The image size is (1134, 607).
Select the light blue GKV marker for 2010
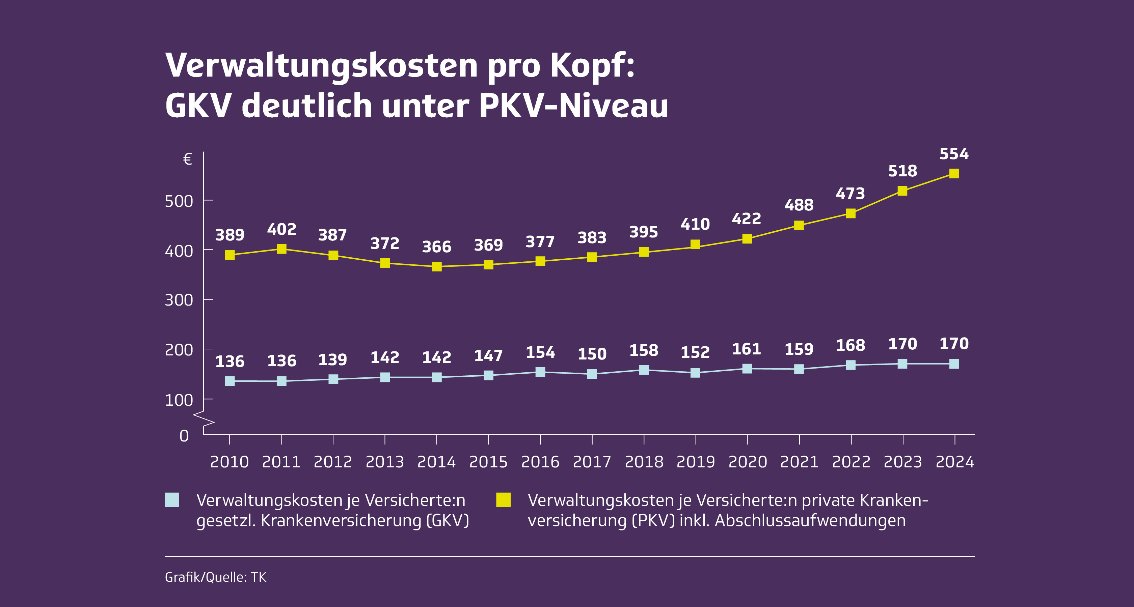click(x=230, y=381)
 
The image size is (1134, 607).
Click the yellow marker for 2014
click(x=437, y=266)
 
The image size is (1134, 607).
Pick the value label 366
click(x=437, y=247)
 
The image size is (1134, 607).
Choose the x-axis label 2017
click(x=592, y=462)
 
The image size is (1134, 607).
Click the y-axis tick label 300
click(x=179, y=300)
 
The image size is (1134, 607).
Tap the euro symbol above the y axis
click(x=188, y=159)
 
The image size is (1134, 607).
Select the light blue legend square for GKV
click(x=172, y=500)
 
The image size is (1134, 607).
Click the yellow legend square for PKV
click(x=504, y=500)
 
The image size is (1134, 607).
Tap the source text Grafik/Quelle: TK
click(x=216, y=577)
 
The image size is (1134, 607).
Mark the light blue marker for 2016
click(x=540, y=372)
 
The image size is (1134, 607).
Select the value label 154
click(x=540, y=352)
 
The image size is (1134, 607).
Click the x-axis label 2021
click(x=799, y=462)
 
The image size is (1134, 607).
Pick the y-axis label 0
click(x=184, y=436)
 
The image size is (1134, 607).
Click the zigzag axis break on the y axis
click(x=204, y=419)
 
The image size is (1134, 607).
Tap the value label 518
click(x=902, y=171)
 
